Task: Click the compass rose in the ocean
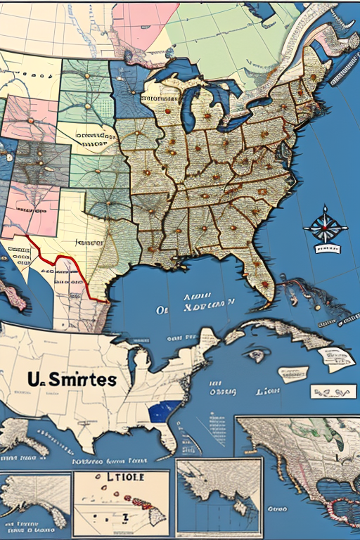tap(325, 226)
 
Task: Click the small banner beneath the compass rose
tap(325, 248)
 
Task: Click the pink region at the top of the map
tap(144, 25)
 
